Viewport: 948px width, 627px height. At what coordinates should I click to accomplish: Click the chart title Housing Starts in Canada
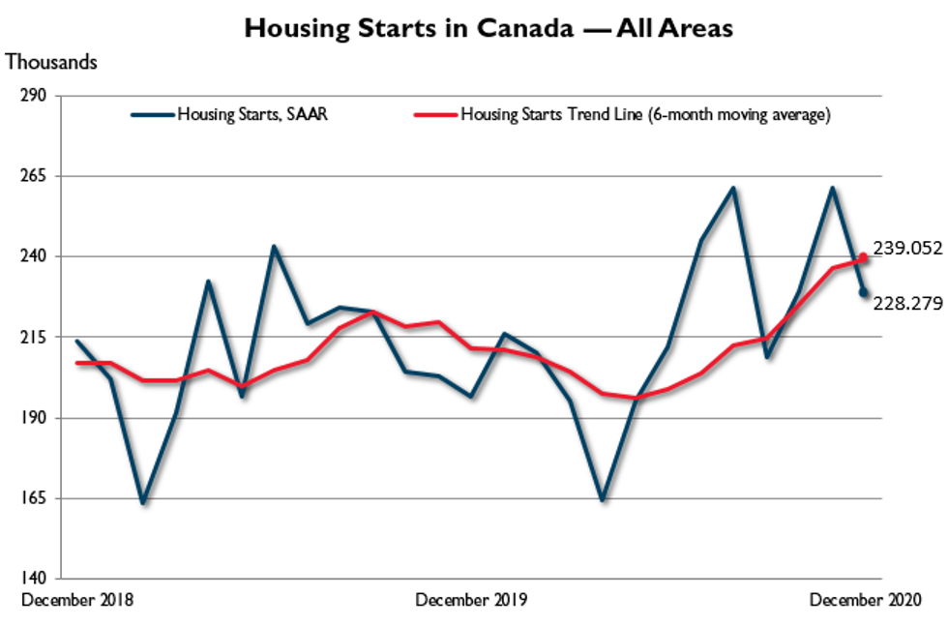489,28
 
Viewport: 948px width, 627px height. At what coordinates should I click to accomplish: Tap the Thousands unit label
51,62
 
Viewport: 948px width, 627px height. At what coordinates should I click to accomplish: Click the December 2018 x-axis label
76,600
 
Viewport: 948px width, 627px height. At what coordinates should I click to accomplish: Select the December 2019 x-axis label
471,600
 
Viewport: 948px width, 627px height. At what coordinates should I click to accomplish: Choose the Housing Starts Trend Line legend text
645,114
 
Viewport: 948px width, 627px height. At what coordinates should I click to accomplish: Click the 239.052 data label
906,248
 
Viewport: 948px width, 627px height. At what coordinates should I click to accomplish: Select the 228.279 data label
906,303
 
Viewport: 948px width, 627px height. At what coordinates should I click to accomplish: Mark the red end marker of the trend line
864,258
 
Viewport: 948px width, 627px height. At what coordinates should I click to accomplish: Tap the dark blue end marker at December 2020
864,293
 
